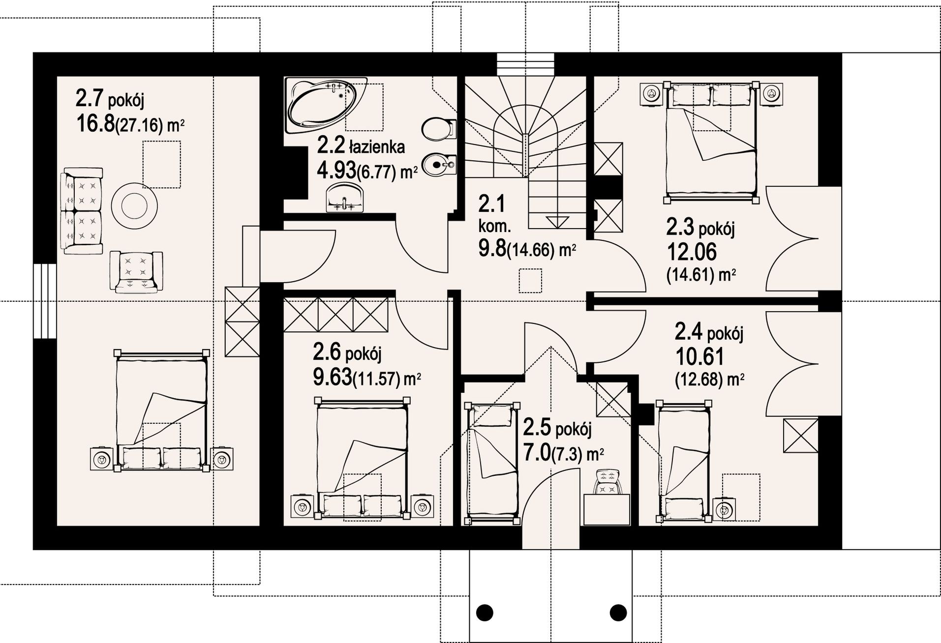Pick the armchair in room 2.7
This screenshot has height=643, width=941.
click(136, 272)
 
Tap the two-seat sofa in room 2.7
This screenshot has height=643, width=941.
click(82, 211)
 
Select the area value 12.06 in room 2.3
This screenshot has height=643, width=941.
click(691, 253)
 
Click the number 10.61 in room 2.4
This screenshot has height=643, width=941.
click(699, 357)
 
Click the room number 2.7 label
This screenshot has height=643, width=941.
click(89, 98)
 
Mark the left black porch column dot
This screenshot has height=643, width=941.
click(485, 613)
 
